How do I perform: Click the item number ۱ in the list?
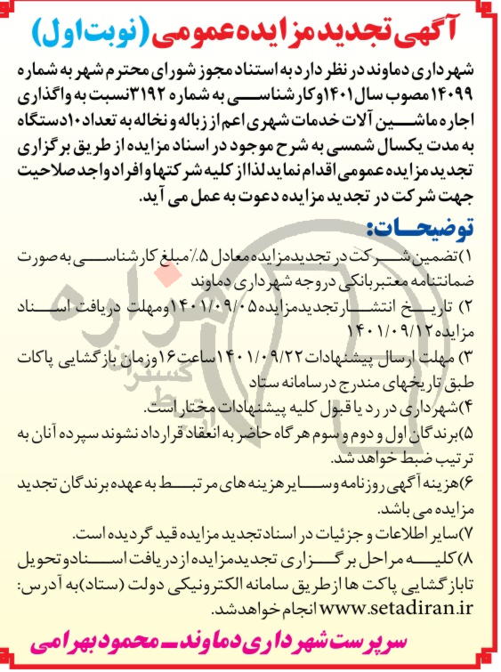[x=481, y=258]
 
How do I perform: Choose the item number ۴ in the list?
[x=482, y=409]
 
